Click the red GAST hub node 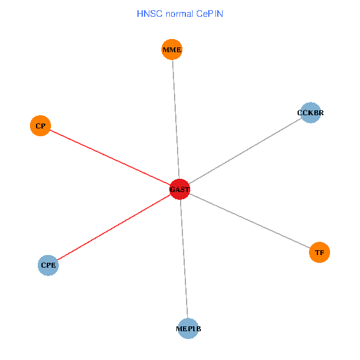point(179,189)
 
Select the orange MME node point(172,49)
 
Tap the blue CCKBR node point(310,112)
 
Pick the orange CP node point(40,126)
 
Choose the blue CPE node point(48,265)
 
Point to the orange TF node point(319,253)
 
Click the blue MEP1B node point(188,329)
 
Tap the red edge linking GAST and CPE point(114,227)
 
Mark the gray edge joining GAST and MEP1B point(184,259)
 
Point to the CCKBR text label point(310,112)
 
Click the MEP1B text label point(188,329)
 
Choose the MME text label point(172,49)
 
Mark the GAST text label point(179,190)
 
